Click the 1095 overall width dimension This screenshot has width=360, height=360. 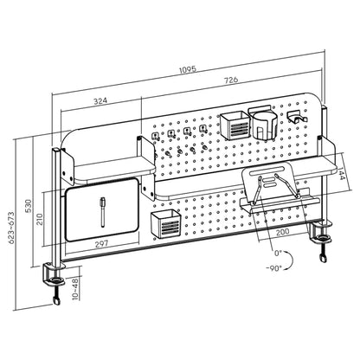click(x=188, y=69)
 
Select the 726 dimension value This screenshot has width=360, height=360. click(x=231, y=80)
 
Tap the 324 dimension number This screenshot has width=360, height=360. click(x=100, y=101)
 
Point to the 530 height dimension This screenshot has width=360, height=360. click(x=29, y=206)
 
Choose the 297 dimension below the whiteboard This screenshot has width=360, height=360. click(x=101, y=244)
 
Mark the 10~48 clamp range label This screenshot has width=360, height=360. click(x=75, y=289)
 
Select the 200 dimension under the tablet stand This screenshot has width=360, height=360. click(x=283, y=232)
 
